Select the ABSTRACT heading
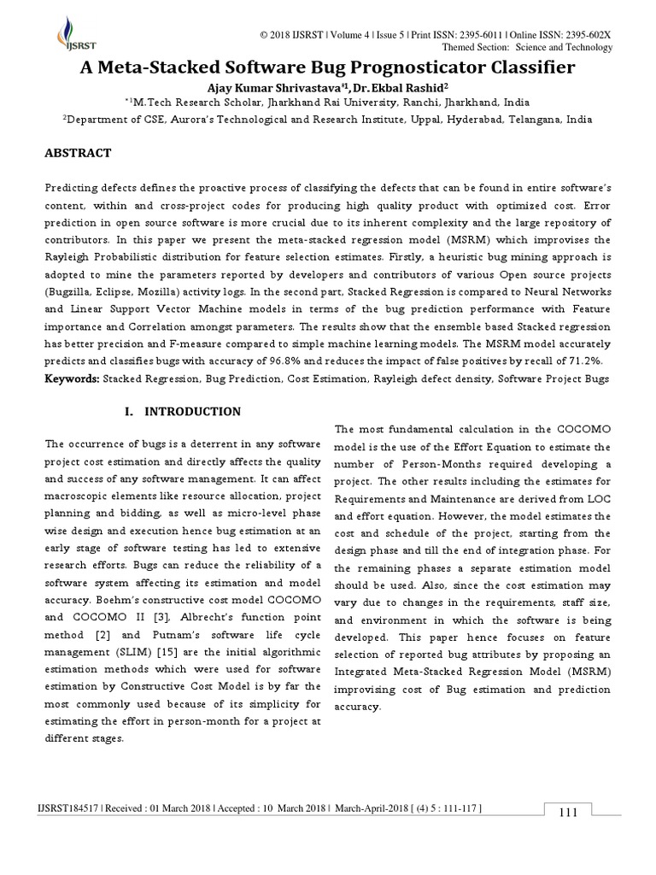78,153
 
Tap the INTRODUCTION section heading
192,411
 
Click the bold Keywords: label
72,378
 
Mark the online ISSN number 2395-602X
588,34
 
